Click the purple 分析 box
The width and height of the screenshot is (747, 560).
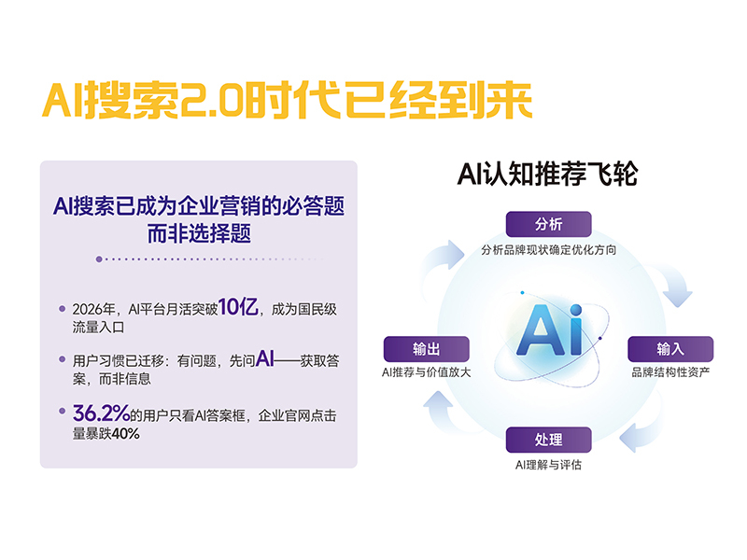click(548, 224)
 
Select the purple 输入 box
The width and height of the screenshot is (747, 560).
click(670, 349)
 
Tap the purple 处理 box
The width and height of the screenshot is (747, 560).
click(548, 440)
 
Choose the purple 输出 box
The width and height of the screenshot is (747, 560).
click(427, 349)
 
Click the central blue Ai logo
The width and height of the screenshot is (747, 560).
click(550, 330)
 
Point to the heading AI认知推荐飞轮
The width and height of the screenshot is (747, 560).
click(547, 174)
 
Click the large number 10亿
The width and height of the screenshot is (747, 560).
click(238, 307)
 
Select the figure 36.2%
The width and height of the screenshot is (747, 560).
click(101, 413)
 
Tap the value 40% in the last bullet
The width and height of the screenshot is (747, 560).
click(126, 434)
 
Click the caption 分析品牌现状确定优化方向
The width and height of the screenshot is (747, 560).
click(548, 249)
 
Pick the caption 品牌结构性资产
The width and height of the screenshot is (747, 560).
click(670, 371)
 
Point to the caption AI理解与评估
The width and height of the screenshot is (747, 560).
click(548, 464)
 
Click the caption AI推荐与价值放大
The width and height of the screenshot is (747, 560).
click(427, 371)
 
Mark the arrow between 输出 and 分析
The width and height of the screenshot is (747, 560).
click(441, 259)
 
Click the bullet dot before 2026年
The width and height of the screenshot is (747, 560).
click(62, 309)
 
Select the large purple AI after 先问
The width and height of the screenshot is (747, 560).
click(265, 358)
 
